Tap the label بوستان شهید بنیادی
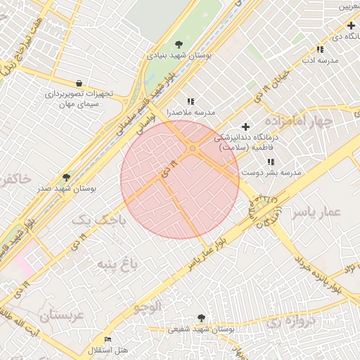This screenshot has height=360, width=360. (180, 54)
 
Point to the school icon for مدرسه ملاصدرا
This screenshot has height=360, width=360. (191, 101)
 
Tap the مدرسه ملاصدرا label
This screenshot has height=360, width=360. (190, 112)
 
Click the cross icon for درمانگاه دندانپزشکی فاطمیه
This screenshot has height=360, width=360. (245, 126)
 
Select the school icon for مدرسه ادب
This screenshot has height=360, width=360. (321, 49)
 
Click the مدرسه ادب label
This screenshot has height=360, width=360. (320, 60)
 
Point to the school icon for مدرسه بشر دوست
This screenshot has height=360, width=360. (271, 162)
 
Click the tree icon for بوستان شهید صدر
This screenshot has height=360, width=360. (67, 177)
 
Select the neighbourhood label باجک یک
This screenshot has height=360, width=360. (92, 221)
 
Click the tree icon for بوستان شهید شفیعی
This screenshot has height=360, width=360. (202, 318)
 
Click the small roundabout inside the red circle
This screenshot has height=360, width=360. (193, 148)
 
